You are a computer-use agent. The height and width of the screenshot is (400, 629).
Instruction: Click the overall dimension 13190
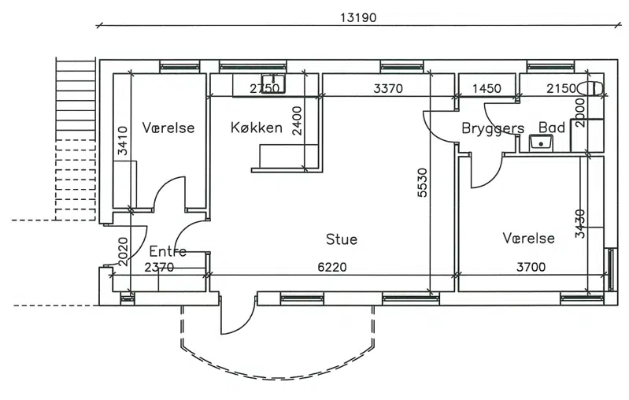tap(358, 18)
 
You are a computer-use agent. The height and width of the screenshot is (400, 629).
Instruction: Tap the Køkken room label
tap(257, 128)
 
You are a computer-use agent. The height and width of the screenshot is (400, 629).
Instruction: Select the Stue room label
tap(342, 239)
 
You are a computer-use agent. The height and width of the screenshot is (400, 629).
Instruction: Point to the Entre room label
tap(168, 251)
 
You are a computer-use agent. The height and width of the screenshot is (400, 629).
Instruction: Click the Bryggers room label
tap(493, 129)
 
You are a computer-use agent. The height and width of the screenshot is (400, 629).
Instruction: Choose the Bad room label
tap(552, 128)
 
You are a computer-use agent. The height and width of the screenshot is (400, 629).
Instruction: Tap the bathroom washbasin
tap(541, 143)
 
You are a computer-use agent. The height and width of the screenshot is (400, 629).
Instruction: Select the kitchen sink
tap(273, 83)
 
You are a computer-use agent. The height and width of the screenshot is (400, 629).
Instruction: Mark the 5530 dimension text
tap(423, 183)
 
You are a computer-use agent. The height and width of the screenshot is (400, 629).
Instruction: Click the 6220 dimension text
tap(331, 267)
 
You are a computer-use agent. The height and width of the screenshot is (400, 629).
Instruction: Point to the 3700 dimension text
tap(531, 267)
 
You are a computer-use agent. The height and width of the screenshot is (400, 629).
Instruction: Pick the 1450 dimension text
tap(487, 88)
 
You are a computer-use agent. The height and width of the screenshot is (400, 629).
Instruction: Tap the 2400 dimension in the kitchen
tap(297, 120)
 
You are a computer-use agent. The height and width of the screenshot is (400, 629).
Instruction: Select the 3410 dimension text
tap(123, 140)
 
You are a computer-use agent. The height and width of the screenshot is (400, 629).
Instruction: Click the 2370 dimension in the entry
tap(159, 267)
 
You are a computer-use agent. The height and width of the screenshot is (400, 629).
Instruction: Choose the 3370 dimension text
tap(388, 88)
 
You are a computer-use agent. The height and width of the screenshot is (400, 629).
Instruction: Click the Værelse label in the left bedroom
tap(168, 128)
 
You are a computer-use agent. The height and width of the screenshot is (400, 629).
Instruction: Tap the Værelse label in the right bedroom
tap(529, 238)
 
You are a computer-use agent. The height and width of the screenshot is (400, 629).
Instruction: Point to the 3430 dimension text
tap(580, 224)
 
